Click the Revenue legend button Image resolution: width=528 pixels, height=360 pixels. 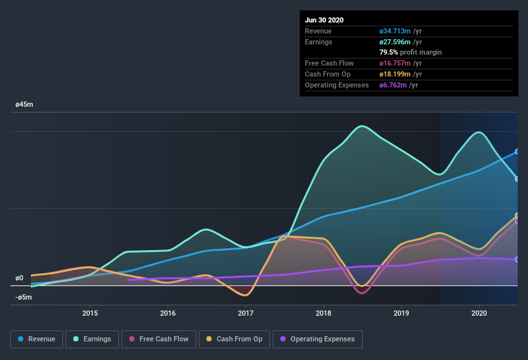37,339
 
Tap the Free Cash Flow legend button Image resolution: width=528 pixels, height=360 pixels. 159,339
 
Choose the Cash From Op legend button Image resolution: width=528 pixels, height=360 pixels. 234,339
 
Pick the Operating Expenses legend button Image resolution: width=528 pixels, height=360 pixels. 317,339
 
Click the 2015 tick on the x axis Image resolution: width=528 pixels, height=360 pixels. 90,313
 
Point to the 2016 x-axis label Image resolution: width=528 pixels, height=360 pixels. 168,313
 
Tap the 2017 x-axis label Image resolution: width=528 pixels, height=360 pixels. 246,313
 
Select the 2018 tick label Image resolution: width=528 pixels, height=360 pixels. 323,313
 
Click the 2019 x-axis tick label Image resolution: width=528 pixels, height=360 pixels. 401,313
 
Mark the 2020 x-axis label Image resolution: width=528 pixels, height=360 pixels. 479,313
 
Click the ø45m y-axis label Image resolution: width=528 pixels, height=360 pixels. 24,104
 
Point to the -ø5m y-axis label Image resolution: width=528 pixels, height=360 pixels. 24,297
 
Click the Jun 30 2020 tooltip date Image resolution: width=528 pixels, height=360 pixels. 324,20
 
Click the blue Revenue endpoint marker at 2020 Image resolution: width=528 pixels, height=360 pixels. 517,152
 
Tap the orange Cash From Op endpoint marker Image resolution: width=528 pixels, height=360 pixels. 517,215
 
